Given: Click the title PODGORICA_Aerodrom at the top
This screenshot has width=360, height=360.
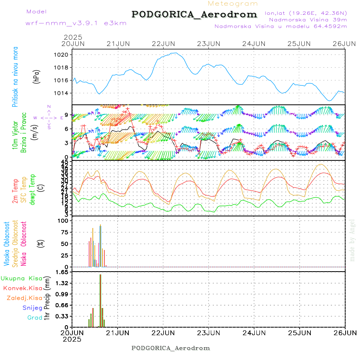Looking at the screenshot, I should tap(194, 14).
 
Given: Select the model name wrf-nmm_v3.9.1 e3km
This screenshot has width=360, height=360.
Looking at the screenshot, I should tap(76, 23).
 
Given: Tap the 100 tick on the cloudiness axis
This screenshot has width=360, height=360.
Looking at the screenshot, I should tap(64, 221).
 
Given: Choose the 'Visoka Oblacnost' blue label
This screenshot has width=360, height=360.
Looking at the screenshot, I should tap(7, 243).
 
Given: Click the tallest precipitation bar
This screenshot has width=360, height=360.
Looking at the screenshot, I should tap(100, 300).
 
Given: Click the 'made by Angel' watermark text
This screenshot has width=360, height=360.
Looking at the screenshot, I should tap(352, 240).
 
